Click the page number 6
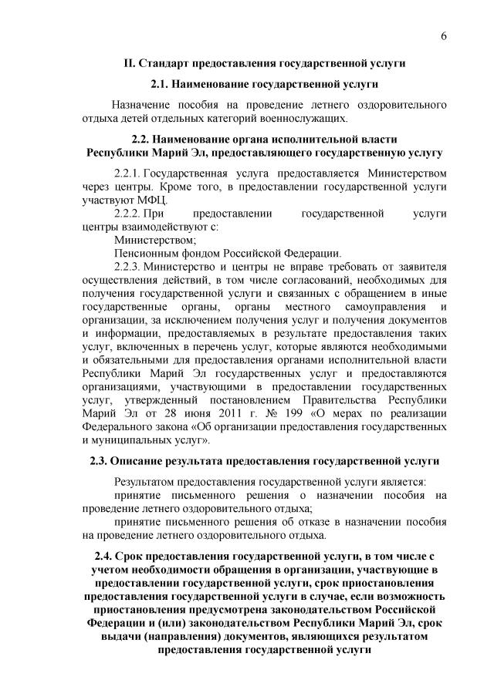(x=445, y=36)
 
